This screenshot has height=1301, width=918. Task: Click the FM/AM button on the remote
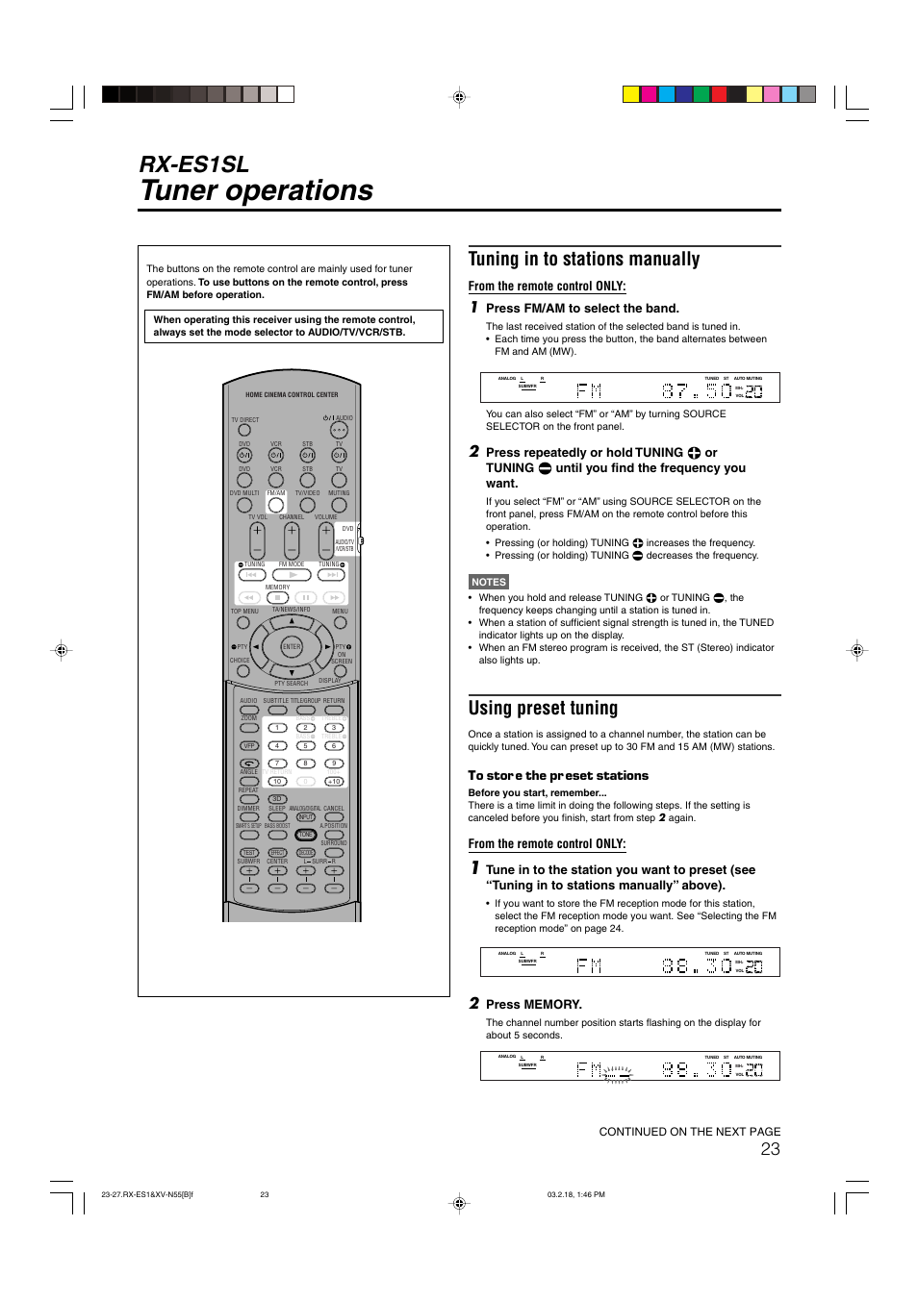point(276,505)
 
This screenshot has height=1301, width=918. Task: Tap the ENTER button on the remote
point(291,647)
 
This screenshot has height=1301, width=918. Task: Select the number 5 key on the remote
point(305,745)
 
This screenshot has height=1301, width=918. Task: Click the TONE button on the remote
point(306,835)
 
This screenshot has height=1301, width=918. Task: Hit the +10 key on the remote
point(334,782)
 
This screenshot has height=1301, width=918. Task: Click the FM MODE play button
point(292,575)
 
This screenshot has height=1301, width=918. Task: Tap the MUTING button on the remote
point(339,505)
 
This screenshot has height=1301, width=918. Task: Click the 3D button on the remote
point(277,799)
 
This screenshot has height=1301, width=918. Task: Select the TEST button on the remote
point(249,853)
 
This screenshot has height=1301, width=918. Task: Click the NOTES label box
point(488,582)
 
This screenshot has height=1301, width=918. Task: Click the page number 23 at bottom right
point(770,1149)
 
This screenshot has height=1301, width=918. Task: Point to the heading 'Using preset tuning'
point(543,709)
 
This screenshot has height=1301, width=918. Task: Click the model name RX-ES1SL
point(194,164)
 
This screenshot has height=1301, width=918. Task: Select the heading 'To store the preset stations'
point(558,776)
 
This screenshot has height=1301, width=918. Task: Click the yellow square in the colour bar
point(631,94)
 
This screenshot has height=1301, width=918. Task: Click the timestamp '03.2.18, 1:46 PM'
point(575,1195)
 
